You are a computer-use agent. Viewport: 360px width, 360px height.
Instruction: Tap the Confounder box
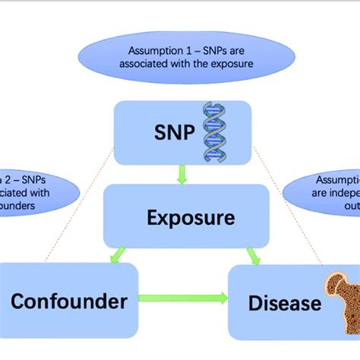pyautogui.click(x=68, y=302)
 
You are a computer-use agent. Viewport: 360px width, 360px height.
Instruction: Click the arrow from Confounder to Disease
pyautogui.click(x=182, y=298)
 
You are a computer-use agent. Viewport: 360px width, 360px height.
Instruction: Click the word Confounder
pyautogui.click(x=68, y=302)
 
